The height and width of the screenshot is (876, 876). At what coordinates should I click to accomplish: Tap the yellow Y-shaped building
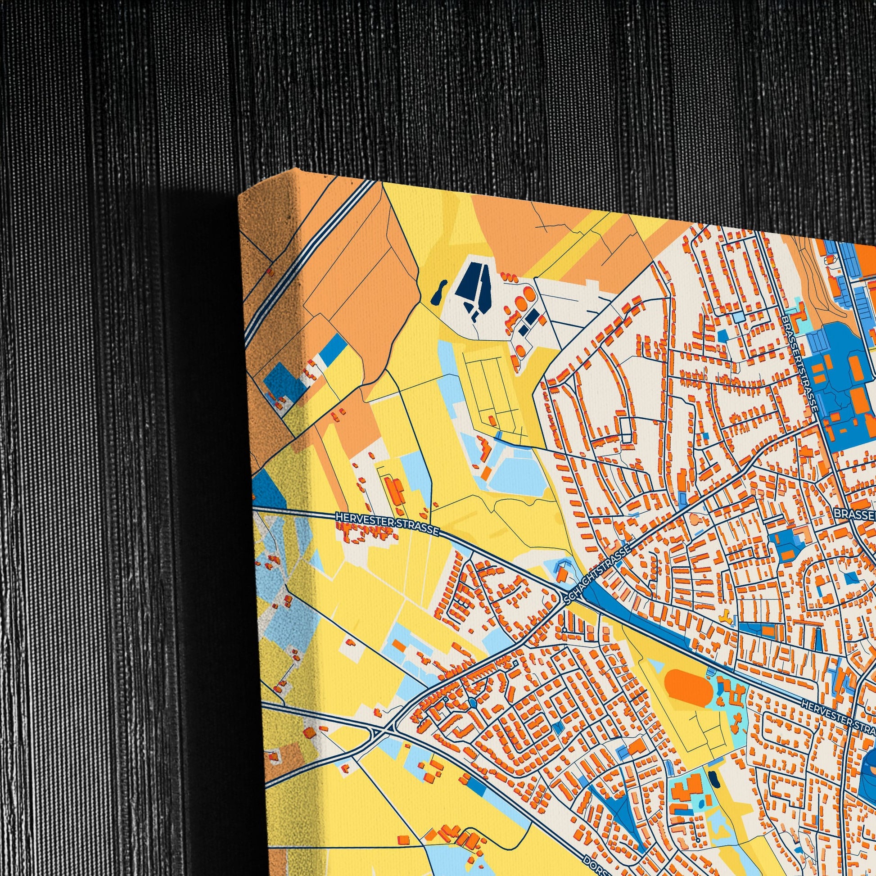[727, 615]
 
